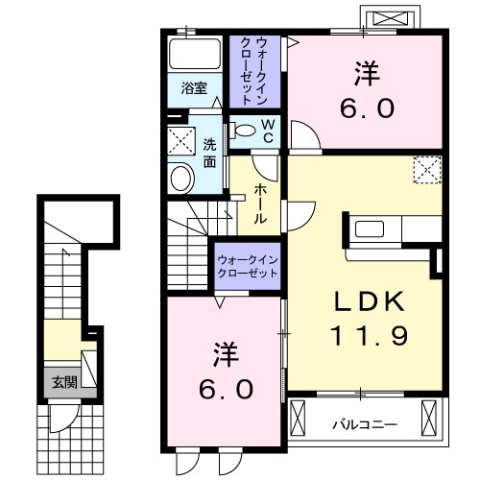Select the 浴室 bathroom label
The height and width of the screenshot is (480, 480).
195,89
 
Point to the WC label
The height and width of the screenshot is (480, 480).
268,131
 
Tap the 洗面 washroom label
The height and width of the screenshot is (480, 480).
209,153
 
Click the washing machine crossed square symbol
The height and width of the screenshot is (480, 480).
180,141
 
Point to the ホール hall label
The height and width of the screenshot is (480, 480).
260,204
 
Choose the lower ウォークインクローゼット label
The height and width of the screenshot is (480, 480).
247,266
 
